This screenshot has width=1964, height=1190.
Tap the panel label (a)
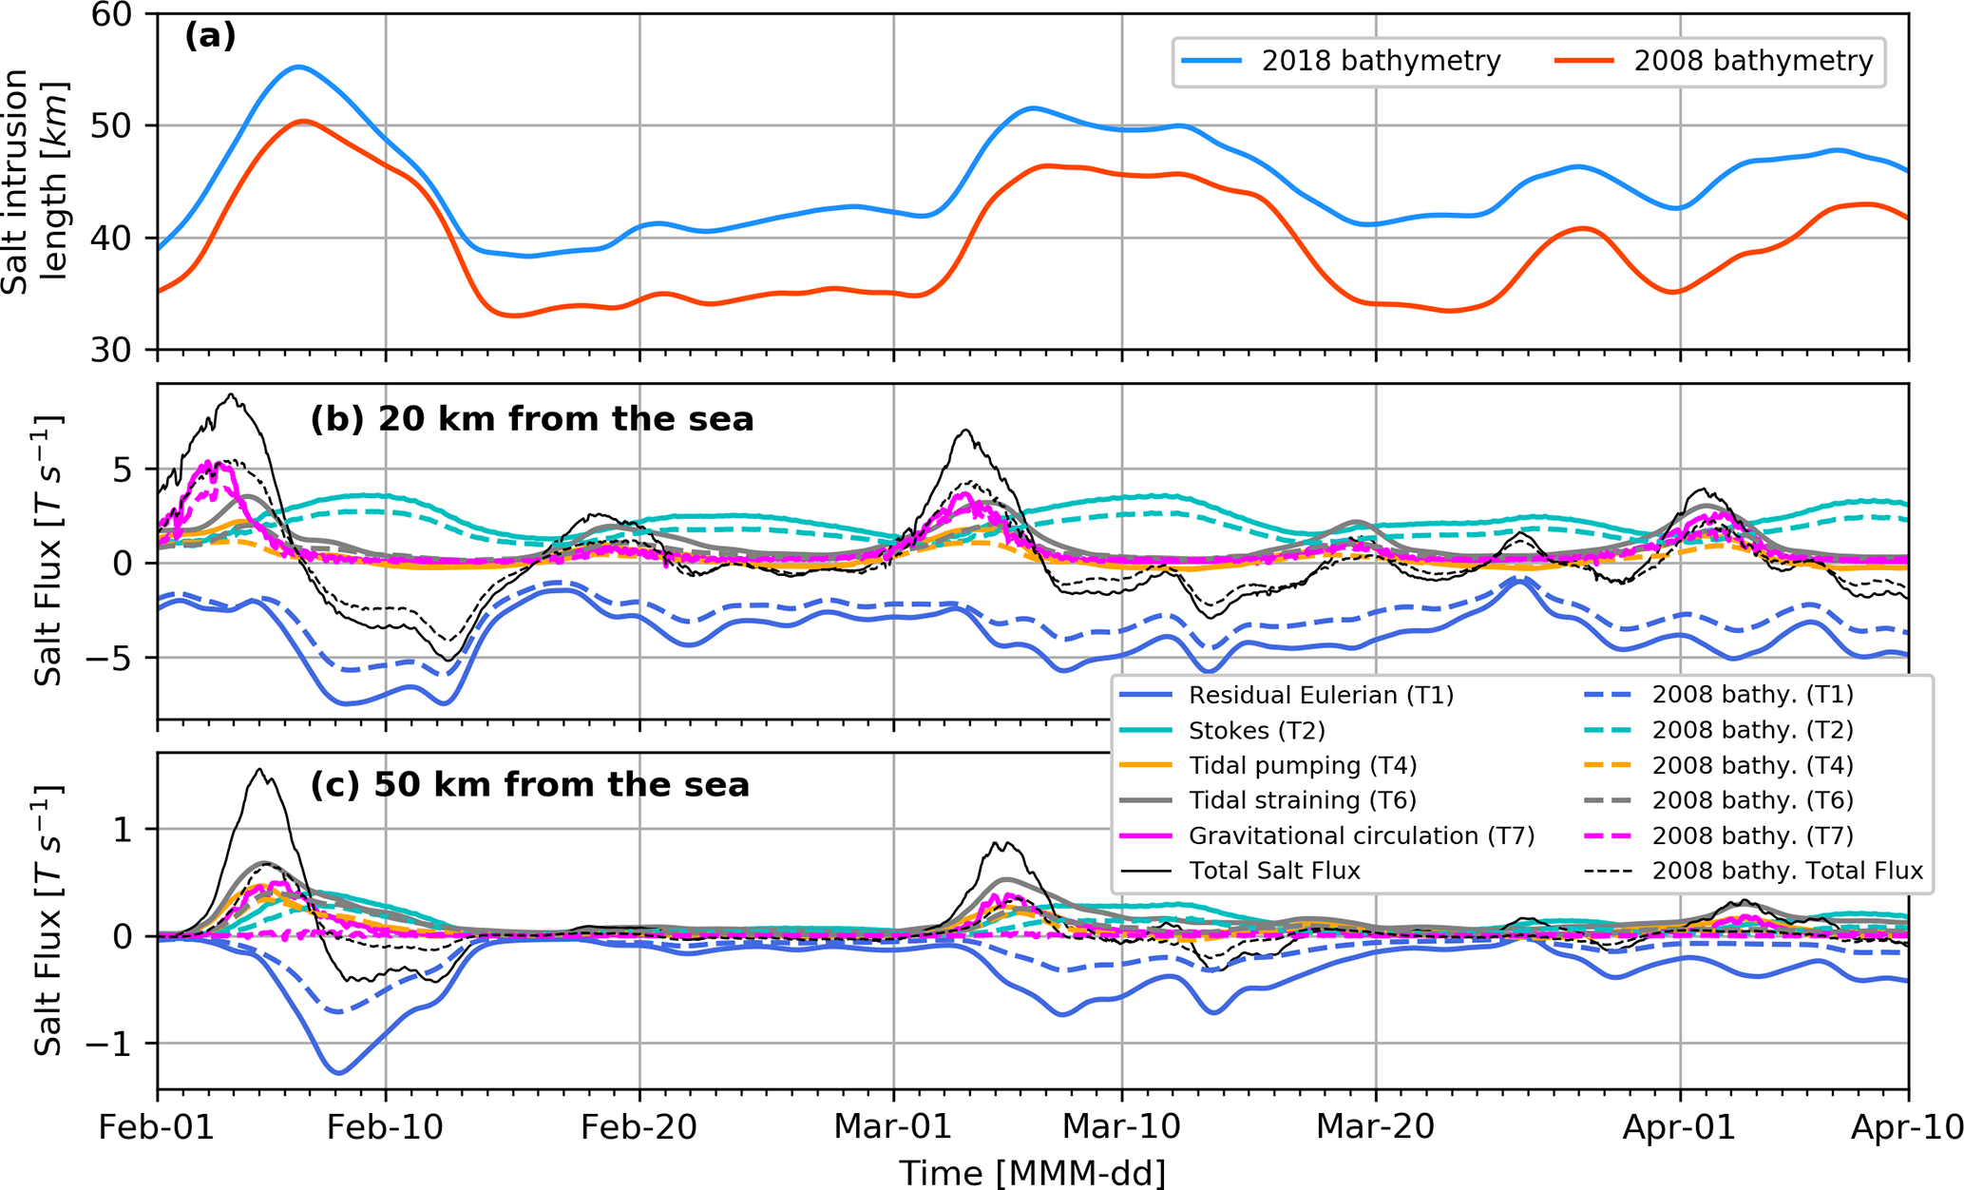210,36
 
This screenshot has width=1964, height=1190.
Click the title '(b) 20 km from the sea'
532,419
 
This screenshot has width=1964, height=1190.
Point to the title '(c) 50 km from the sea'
530,785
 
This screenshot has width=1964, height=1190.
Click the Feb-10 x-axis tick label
385,1127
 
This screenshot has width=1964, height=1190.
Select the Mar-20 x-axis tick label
1375,1127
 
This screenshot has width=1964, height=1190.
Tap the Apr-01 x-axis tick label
1680,1127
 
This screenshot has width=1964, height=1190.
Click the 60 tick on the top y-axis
121,15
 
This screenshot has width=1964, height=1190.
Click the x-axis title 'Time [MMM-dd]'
1032,1173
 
